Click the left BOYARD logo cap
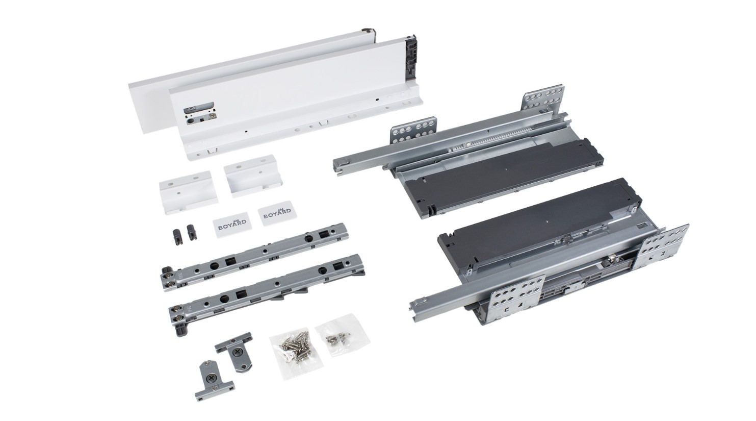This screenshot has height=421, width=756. click(x=231, y=223)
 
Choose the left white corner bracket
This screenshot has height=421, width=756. click(x=189, y=192)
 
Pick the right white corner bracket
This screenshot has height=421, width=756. click(x=253, y=176)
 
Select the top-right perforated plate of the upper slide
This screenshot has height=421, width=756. click(x=543, y=100)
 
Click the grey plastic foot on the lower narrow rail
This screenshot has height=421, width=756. click(x=181, y=330)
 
